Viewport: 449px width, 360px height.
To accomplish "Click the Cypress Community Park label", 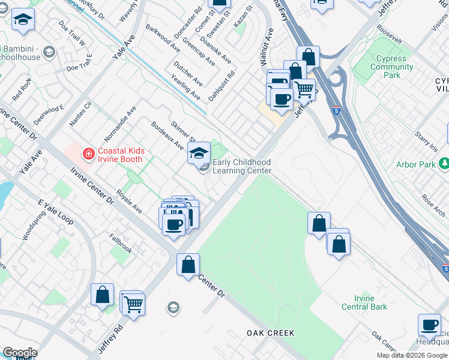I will coord(391,67).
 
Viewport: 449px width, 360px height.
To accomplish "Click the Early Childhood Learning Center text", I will coord(242,166).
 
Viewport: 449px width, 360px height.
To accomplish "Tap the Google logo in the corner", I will coord(20,353).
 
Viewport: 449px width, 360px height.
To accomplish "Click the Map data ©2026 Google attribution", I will coord(412,355).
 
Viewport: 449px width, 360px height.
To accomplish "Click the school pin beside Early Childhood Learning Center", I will coord(199,154).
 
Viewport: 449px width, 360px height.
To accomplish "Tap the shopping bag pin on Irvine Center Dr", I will coord(188,264).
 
